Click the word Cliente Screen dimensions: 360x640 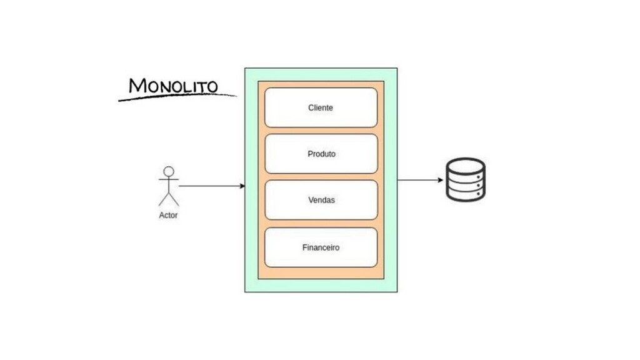point(321,107)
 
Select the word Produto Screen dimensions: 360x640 point(321,154)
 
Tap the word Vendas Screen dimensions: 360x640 point(321,200)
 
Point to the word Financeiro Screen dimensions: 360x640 point(321,247)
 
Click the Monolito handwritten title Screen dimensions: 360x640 point(173,86)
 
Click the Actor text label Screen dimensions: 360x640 point(168,216)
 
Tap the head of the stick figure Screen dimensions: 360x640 point(169,171)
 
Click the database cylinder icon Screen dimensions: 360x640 point(466,180)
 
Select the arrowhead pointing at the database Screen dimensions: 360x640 point(441,180)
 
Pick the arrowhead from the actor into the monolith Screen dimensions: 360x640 point(241,186)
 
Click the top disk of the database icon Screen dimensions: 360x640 point(466,166)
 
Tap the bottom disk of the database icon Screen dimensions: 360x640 point(466,194)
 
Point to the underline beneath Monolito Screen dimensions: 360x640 point(177,97)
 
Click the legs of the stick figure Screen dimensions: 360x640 point(169,199)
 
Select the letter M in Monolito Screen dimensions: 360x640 point(137,86)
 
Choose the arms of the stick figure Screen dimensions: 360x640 point(169,181)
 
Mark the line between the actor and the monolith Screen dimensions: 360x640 point(209,186)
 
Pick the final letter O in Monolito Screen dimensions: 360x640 point(211,86)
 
